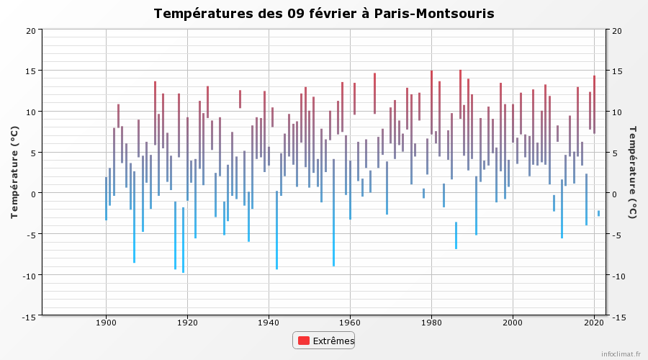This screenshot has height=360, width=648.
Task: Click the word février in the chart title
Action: [x=334, y=13]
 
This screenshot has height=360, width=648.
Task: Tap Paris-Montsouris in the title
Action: [x=434, y=14]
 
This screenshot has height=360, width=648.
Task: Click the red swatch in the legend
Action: [x=304, y=341]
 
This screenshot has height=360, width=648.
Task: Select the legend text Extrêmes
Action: [x=333, y=341]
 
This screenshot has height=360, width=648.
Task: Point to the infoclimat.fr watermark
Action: [x=621, y=354]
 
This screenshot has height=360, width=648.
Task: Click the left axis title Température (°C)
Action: [x=14, y=172]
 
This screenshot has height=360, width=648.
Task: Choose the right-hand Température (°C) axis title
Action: [x=632, y=172]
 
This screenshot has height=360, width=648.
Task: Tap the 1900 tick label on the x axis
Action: [x=107, y=323]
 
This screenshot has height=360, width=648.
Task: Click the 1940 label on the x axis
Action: [x=269, y=323]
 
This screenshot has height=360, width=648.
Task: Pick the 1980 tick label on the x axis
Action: [x=431, y=323]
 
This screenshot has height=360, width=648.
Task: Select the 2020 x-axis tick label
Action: [x=594, y=323]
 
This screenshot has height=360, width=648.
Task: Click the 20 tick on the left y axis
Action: [x=31, y=30]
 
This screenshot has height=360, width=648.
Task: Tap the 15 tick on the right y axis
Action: [x=616, y=71]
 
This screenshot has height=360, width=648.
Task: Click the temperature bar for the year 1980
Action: [x=431, y=102]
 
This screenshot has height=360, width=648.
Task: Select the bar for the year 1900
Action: [x=107, y=199]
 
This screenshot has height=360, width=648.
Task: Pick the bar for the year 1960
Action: [x=350, y=190]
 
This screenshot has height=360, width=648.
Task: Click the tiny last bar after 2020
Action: [x=598, y=213]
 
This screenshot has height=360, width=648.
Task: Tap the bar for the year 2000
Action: [x=513, y=124]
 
